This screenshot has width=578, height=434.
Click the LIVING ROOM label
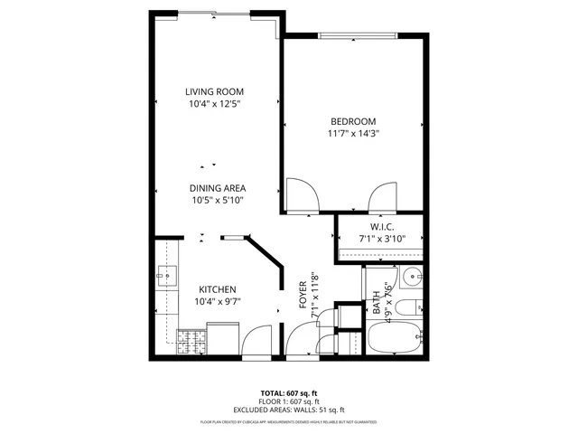click(x=215, y=91)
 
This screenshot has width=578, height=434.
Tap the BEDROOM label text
click(x=353, y=121)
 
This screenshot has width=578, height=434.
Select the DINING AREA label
click(x=217, y=188)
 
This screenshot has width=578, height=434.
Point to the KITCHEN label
click(x=217, y=289)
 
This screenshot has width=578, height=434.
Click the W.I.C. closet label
click(x=382, y=226)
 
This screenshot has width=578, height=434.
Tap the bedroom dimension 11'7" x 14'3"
click(x=353, y=133)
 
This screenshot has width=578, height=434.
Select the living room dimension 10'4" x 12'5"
click(x=215, y=104)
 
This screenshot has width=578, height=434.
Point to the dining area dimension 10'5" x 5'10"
click(x=217, y=200)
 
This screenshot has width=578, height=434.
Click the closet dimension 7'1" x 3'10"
click(x=382, y=239)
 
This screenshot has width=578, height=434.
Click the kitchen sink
click(x=164, y=275)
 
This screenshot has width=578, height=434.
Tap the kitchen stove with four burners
click(x=191, y=342)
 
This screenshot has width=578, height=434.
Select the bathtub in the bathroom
click(x=395, y=339)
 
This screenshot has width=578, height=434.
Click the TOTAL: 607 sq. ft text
click(x=289, y=392)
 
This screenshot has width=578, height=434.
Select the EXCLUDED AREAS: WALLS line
click(x=289, y=409)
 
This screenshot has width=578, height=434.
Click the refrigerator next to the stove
click(x=226, y=340)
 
